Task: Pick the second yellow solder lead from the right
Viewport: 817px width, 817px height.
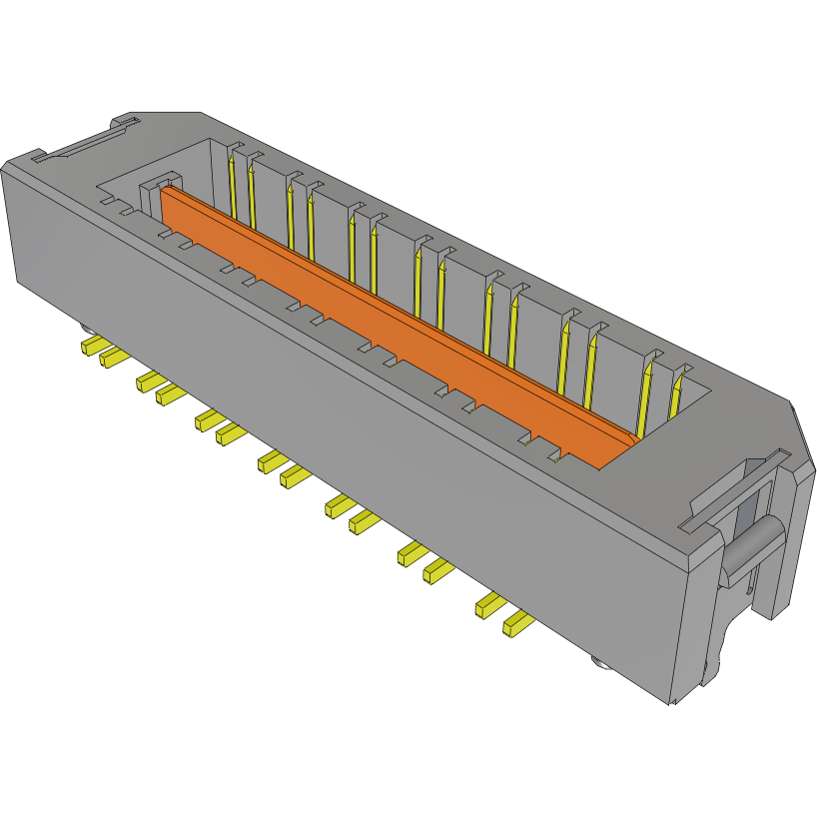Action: pyautogui.click(x=490, y=603)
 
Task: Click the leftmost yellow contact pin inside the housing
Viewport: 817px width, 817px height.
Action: pyautogui.click(x=233, y=185)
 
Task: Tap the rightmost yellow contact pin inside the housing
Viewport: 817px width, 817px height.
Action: pyautogui.click(x=676, y=395)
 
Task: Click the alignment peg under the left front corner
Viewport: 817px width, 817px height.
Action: pyautogui.click(x=85, y=328)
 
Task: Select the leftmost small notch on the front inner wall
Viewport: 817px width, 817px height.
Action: pyautogui.click(x=125, y=211)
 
